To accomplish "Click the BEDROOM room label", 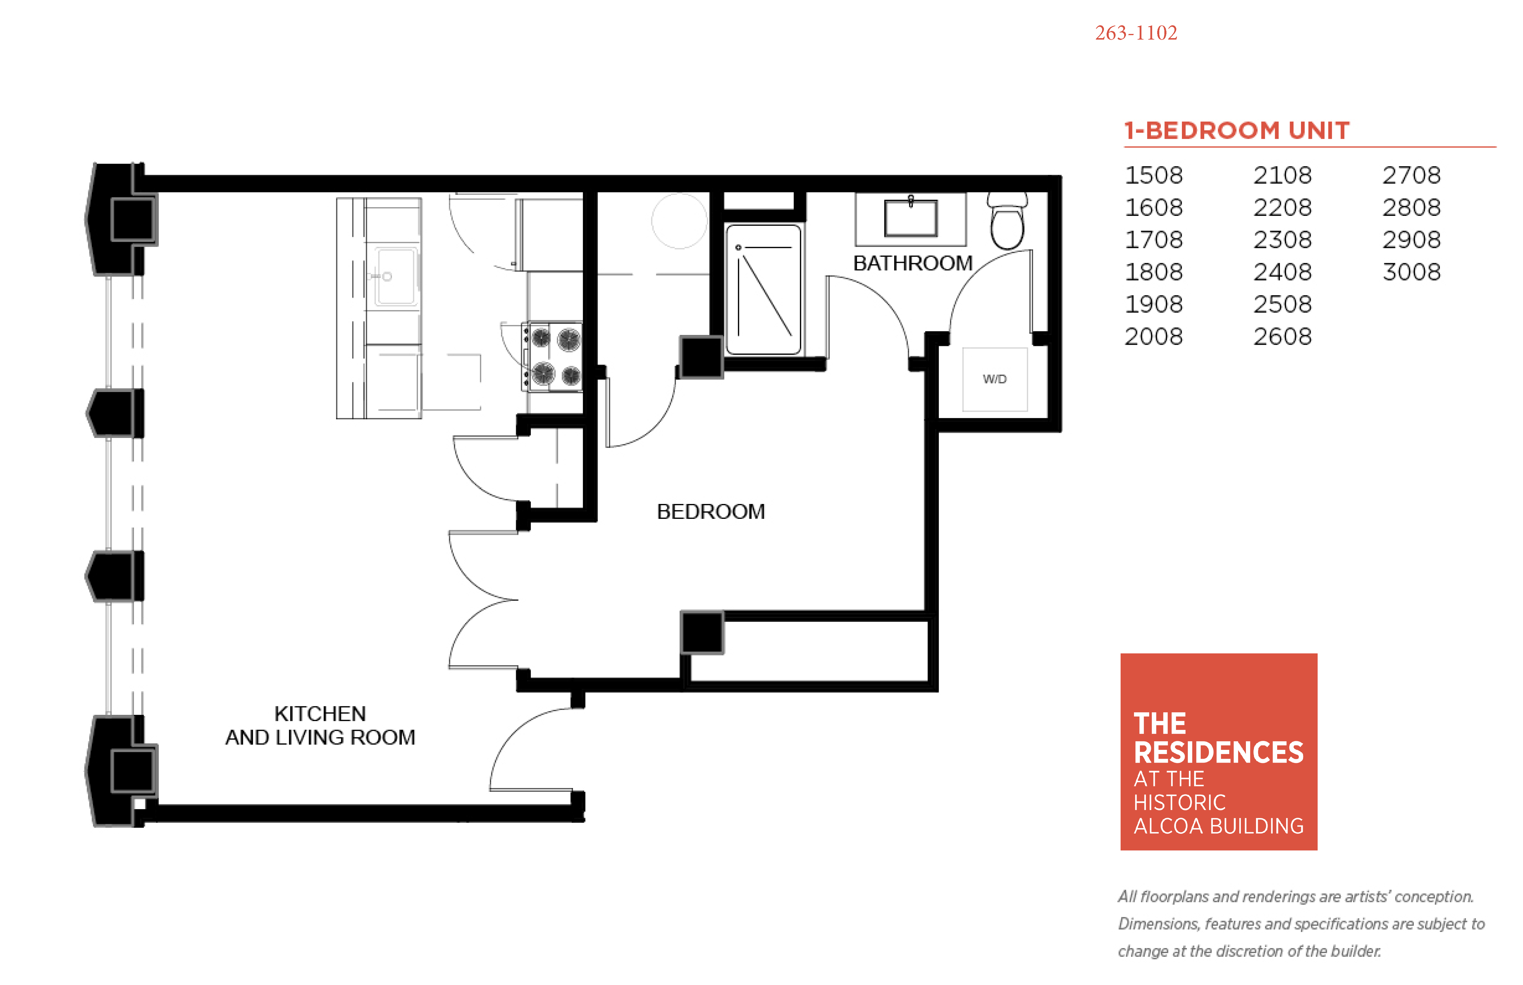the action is click(710, 512).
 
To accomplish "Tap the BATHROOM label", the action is click(912, 263).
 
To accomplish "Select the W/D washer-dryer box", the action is click(995, 379).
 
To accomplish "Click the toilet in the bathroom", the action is click(1008, 221).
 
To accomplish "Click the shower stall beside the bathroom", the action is click(763, 289).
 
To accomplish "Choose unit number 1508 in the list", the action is click(1153, 175).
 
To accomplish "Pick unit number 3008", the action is click(1411, 272).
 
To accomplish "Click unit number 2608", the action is click(1282, 336).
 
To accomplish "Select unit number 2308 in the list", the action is click(1282, 240).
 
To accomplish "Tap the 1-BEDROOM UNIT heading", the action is click(1237, 130).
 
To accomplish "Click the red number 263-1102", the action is click(1135, 33).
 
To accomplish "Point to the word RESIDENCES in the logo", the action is click(1218, 752).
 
